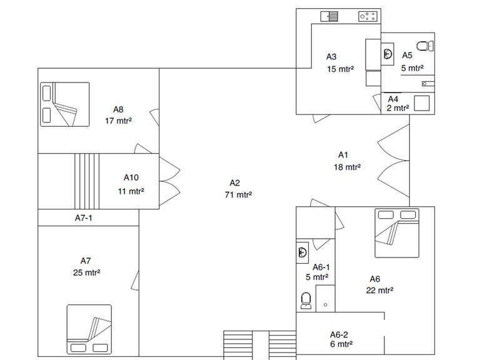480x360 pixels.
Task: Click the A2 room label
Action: click(x=235, y=183)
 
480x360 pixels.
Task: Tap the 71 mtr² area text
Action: click(x=238, y=195)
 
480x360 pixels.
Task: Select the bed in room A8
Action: click(x=65, y=104)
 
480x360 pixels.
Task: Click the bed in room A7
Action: click(x=89, y=329)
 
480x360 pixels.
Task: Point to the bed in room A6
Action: click(x=397, y=233)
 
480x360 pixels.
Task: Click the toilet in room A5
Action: click(x=425, y=46)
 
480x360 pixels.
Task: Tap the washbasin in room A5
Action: click(x=387, y=54)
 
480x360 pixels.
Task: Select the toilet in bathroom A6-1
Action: click(x=306, y=300)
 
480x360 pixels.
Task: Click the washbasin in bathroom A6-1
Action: click(x=302, y=252)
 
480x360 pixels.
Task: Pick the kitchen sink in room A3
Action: click(x=329, y=16)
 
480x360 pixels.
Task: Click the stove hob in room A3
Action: click(x=367, y=16)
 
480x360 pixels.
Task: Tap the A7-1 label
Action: click(x=84, y=218)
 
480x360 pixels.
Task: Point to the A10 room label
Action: click(x=131, y=177)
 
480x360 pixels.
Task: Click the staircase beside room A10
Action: click(x=87, y=181)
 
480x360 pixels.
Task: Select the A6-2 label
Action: click(x=339, y=334)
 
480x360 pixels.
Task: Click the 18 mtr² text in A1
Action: click(x=347, y=167)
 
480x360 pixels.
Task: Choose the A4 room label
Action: click(x=393, y=99)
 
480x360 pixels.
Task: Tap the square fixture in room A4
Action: click(x=422, y=103)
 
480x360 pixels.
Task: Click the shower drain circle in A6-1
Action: click(x=326, y=304)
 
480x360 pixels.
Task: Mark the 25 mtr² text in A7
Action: click(x=87, y=272)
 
